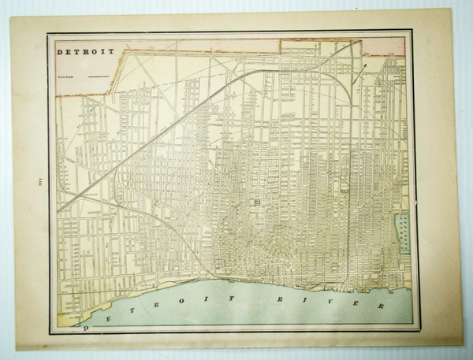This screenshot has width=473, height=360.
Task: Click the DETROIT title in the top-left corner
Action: click(x=86, y=52)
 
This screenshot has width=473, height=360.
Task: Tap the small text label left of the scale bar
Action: click(x=67, y=76)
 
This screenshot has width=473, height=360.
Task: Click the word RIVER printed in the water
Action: click(x=330, y=301)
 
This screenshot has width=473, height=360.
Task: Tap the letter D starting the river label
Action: click(x=88, y=321)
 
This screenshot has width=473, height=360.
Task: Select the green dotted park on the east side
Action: click(x=403, y=233)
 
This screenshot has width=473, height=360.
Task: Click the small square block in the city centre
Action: click(x=256, y=203)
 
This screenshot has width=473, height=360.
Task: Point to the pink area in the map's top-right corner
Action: click(x=386, y=47)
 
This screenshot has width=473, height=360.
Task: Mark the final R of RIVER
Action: click(x=380, y=306)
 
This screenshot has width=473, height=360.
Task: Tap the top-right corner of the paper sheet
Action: click(x=451, y=10)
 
